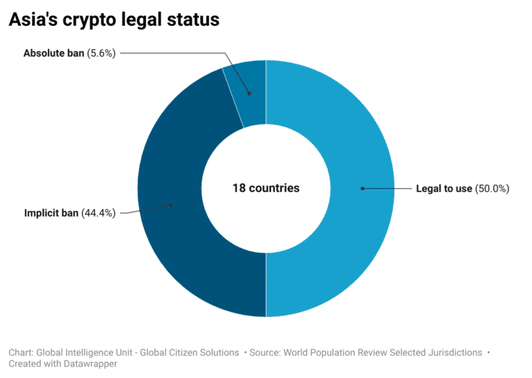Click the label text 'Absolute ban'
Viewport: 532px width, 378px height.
coord(53,53)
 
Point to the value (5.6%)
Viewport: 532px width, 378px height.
coord(101,53)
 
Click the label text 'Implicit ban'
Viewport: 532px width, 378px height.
coord(51,213)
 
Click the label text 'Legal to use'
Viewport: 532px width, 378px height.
coord(443,188)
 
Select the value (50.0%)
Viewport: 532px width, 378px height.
coord(492,188)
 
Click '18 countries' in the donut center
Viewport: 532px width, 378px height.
coord(266,188)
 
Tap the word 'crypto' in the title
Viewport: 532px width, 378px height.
coord(98,20)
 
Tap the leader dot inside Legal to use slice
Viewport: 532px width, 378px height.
coord(361,188)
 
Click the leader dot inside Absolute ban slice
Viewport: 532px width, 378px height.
coord(249,92)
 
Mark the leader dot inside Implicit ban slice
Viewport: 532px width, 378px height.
coord(171,204)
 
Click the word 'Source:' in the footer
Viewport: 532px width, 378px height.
coord(267,352)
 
